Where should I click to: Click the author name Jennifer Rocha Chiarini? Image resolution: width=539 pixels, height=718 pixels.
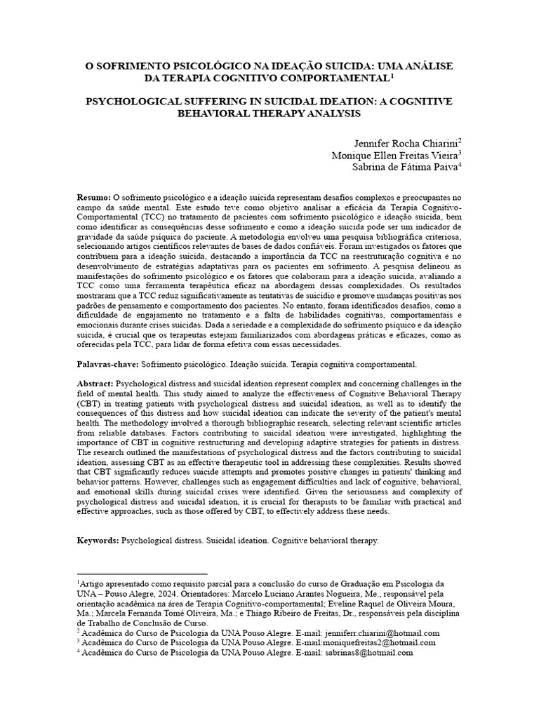point(398,142)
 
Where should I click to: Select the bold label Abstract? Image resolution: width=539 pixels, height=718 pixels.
point(95,384)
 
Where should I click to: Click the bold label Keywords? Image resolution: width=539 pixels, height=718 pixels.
point(98,541)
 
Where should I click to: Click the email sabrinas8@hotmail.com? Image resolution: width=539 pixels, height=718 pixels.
point(368,652)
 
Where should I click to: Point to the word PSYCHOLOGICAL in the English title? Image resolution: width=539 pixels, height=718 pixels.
point(134,102)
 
